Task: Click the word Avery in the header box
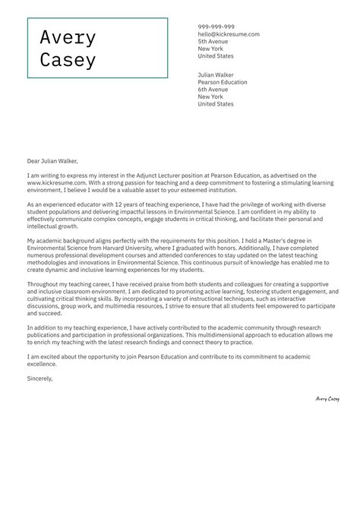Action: pos(68,38)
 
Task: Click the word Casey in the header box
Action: pos(68,60)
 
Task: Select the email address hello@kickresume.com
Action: pos(229,34)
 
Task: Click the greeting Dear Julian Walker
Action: pos(52,160)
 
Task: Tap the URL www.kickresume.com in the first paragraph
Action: pos(56,183)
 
